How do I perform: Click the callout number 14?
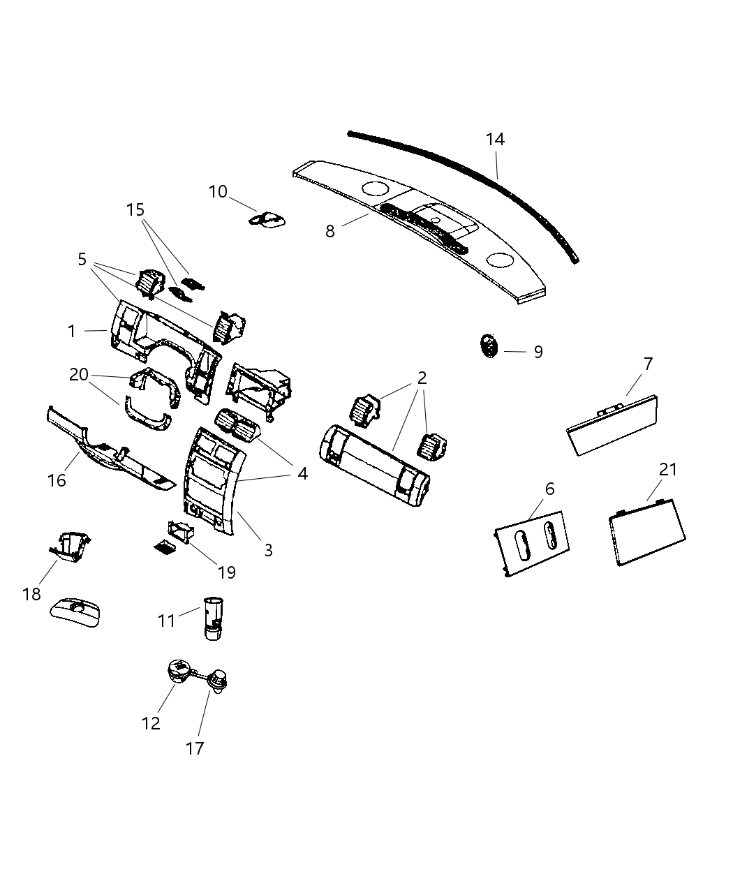(495, 140)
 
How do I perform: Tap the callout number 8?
(330, 231)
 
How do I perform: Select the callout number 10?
(218, 191)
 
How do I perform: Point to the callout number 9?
(538, 352)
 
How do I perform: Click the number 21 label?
(668, 470)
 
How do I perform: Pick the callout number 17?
(195, 748)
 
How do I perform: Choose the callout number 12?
(151, 723)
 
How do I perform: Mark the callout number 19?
(226, 572)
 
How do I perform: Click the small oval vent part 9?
(489, 346)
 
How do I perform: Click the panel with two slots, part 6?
(533, 545)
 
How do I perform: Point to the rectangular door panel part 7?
(613, 426)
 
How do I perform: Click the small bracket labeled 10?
(268, 219)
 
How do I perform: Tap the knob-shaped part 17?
(219, 680)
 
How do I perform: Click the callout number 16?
(57, 480)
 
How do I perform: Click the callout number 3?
(268, 550)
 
